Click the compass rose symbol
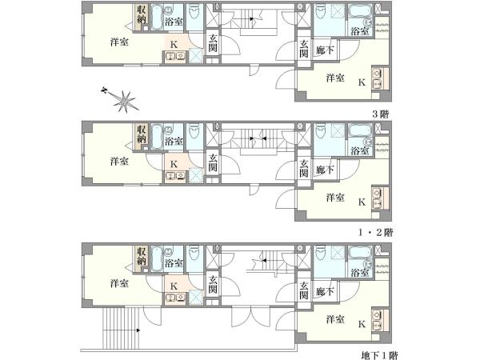point(124,101)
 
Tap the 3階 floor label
point(381,114)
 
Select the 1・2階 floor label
point(376,233)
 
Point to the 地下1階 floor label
point(379,355)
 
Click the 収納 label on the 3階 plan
point(141,14)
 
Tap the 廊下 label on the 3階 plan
point(325,50)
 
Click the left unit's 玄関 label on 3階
point(213,43)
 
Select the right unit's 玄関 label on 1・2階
point(303,168)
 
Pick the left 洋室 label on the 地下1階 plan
point(119,283)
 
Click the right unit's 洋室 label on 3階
point(335,78)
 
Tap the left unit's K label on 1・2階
point(174,164)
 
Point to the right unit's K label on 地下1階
point(362,324)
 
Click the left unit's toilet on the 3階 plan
point(194,12)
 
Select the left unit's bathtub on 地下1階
point(157,259)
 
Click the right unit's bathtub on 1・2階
point(360,130)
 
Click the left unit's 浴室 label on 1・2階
point(174,142)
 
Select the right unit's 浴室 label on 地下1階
point(360,273)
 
